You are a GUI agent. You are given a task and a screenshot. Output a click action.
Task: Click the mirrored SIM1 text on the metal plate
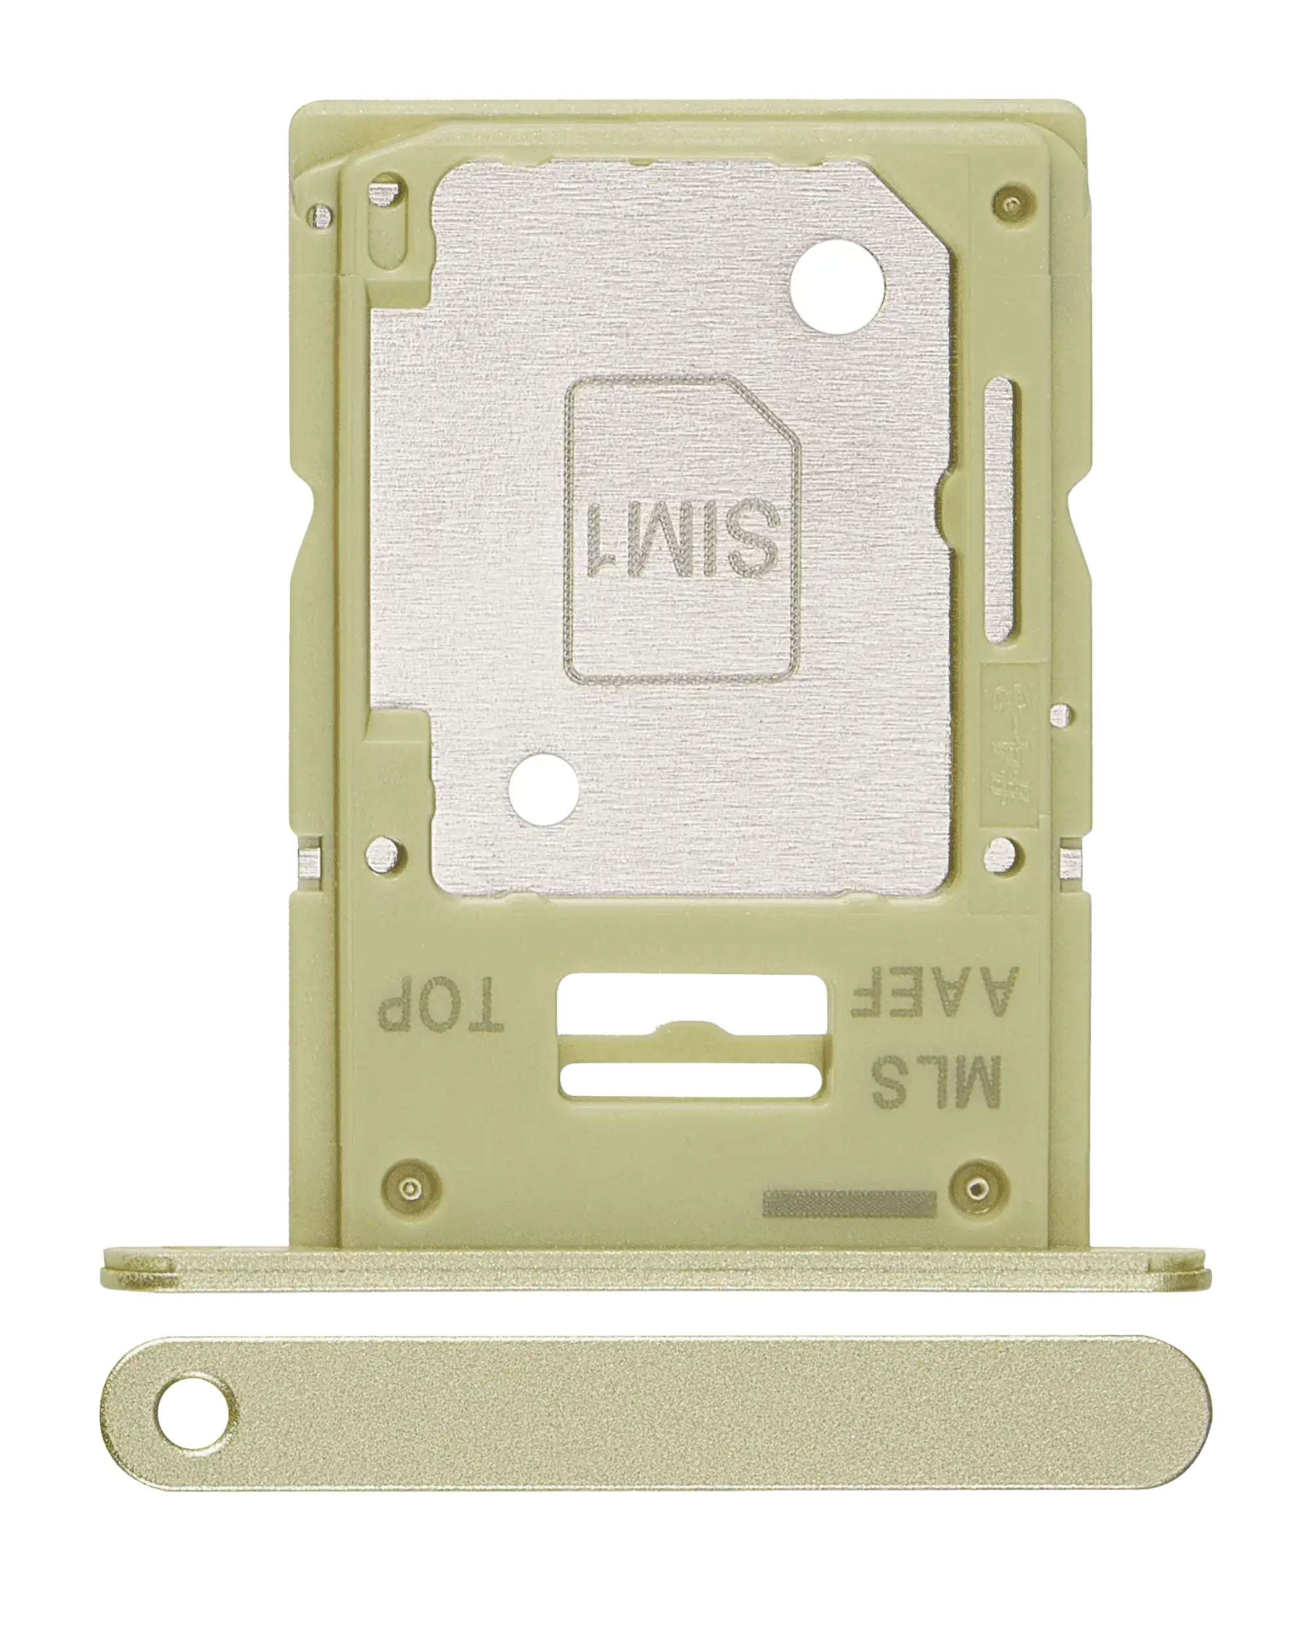pyautogui.click(x=683, y=539)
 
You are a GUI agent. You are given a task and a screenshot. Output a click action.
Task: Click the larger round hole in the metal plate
pyautogui.click(x=836, y=287)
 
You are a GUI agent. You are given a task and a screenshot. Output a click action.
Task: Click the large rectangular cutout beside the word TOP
pyautogui.click(x=691, y=1002)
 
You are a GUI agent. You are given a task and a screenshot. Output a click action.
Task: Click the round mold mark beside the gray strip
pyautogui.click(x=978, y=1188)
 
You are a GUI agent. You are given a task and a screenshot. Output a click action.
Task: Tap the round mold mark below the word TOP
pyautogui.click(x=411, y=1188)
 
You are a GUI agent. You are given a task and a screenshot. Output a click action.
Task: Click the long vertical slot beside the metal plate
pyautogui.click(x=999, y=510)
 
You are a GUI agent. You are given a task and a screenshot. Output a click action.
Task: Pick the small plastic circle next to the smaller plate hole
pyautogui.click(x=384, y=854)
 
